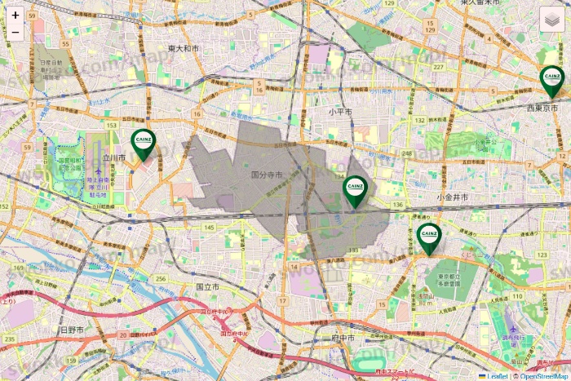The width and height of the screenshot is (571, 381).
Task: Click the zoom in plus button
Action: [x=15, y=15]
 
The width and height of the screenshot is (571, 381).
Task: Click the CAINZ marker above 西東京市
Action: [x=552, y=80]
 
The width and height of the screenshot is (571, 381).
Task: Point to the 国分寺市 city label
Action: [x=266, y=175]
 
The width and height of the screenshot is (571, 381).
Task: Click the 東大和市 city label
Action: [x=183, y=49]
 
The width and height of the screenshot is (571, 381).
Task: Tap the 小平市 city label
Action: [x=340, y=111]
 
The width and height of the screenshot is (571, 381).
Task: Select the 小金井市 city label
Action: [x=452, y=197]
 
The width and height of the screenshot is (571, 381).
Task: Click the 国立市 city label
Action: [x=207, y=287]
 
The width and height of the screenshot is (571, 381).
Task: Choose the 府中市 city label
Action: [x=342, y=337]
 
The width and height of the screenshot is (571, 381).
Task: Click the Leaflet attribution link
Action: [x=497, y=376]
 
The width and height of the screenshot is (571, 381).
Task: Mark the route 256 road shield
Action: [x=161, y=279]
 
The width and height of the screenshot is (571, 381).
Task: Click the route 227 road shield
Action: [x=439, y=67]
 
